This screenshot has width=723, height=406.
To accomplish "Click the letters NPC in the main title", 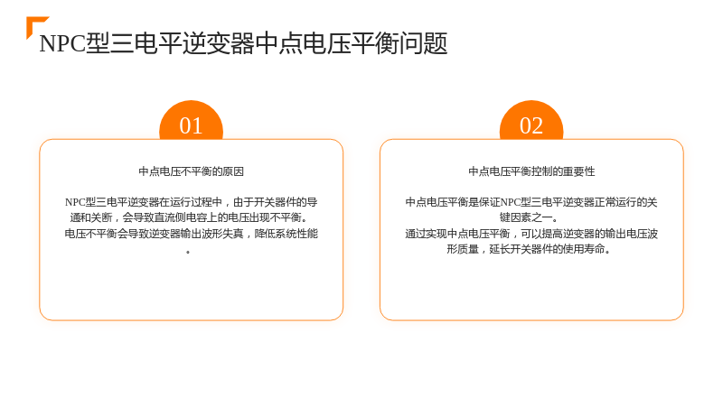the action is click(x=62, y=44).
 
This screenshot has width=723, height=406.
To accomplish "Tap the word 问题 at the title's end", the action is click(x=423, y=43).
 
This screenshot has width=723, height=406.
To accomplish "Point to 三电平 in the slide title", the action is click(x=134, y=43).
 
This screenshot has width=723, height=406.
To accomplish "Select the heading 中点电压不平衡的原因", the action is click(x=191, y=171).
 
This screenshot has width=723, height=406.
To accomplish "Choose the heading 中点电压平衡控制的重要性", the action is click(x=531, y=171).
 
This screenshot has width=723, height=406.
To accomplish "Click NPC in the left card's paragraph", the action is click(x=75, y=202).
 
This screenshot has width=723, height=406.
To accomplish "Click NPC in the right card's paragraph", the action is click(x=511, y=202).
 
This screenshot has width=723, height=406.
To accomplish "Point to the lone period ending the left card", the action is click(x=188, y=252).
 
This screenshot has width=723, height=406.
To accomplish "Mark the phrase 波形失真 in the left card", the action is click(x=222, y=234).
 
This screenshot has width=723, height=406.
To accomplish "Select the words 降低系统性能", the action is click(x=286, y=234).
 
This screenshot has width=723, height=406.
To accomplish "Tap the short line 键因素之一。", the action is click(x=529, y=217).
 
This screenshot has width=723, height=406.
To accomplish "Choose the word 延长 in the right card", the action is click(x=500, y=250).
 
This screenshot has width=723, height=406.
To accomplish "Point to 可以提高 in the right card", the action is click(x=541, y=234).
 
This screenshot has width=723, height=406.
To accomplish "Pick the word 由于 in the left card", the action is click(x=244, y=202).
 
